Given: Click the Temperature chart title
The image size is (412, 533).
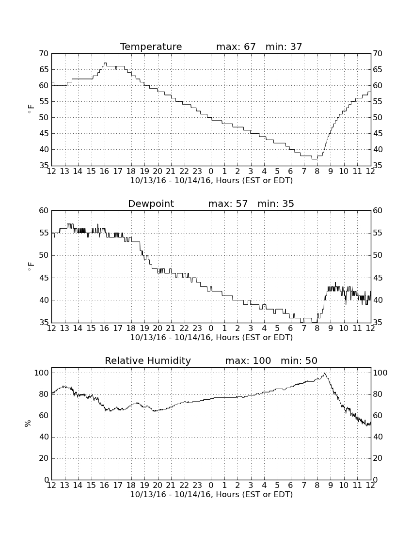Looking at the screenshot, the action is click(x=151, y=47).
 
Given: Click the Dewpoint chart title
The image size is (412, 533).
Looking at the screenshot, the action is click(x=151, y=204).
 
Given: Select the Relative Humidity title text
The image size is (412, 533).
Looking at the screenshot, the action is click(x=148, y=361).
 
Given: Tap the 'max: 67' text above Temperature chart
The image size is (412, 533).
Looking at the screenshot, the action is click(x=236, y=47).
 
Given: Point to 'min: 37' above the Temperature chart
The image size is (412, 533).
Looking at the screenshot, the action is click(x=284, y=47).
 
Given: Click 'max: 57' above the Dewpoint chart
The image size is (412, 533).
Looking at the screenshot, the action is click(x=228, y=204).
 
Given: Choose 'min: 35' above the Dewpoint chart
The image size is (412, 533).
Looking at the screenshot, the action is click(x=276, y=204).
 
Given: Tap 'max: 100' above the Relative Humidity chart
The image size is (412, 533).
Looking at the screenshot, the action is click(x=248, y=361).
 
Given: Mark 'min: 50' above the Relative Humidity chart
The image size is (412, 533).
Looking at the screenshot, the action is click(x=299, y=361).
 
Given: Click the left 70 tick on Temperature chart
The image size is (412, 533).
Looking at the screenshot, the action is click(x=44, y=54).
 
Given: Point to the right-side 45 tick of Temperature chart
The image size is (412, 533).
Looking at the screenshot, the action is click(x=378, y=134).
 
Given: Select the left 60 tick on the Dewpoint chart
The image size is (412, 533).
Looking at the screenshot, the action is click(x=44, y=211).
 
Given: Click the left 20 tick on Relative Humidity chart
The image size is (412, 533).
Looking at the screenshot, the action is click(x=44, y=458).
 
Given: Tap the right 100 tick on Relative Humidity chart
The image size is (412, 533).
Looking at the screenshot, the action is click(x=380, y=373).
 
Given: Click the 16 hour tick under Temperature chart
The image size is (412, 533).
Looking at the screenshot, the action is click(x=104, y=172).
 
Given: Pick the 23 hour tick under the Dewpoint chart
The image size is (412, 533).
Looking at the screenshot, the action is click(x=197, y=329).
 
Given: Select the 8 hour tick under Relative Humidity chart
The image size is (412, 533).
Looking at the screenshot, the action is click(x=317, y=486).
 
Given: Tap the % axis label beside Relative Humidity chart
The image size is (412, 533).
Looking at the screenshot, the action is click(x=28, y=423).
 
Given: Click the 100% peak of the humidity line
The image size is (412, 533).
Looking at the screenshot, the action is click(x=324, y=373).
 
